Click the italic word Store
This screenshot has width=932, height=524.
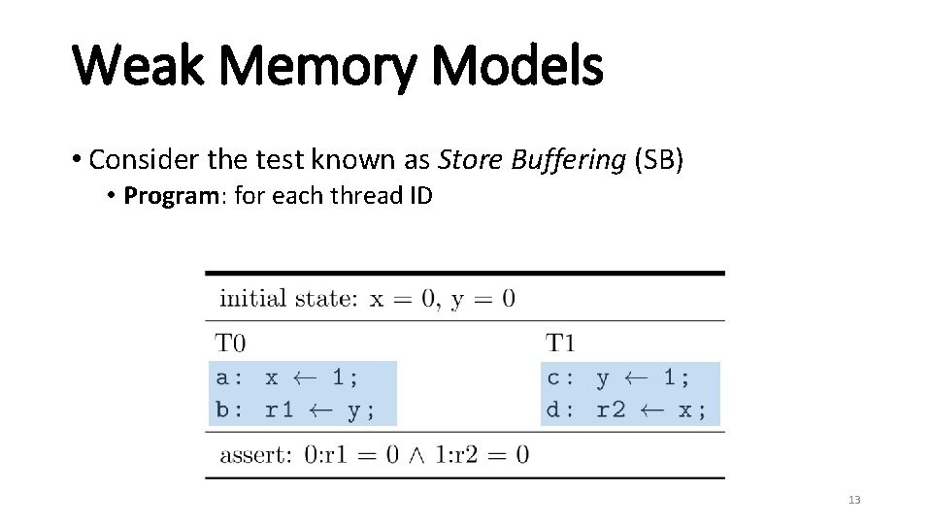point(469,159)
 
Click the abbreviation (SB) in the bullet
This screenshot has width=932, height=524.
point(659,159)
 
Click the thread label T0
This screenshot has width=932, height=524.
point(230,343)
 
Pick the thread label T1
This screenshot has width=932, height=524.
point(560,343)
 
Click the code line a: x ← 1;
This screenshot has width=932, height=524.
point(287,377)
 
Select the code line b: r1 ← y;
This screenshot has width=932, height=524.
point(295,409)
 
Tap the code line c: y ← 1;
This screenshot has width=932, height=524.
point(618,377)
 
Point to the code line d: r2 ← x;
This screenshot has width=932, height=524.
point(626,409)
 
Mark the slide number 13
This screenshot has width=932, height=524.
point(854,500)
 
